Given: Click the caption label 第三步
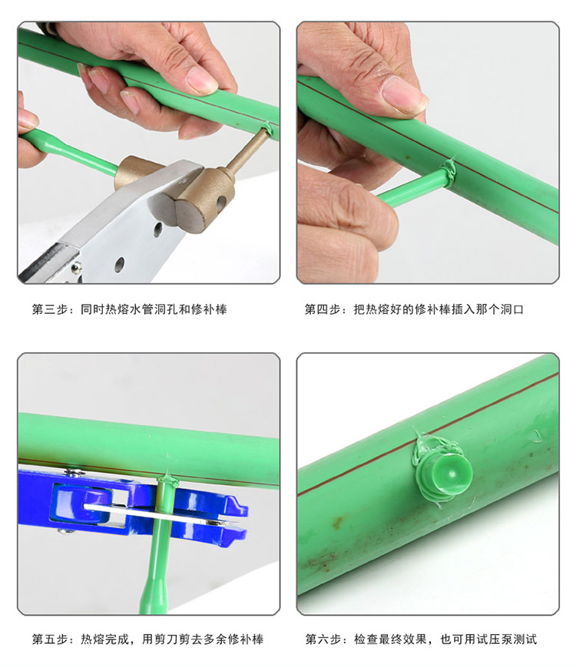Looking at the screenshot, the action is pyautogui.click(x=50, y=309).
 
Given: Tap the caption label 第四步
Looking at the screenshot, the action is pyautogui.click(x=323, y=309).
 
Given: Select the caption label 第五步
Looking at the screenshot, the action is pyautogui.click(x=50, y=639).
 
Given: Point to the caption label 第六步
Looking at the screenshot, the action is pyautogui.click(x=323, y=639).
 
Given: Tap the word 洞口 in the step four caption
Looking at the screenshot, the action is pyautogui.click(x=512, y=309).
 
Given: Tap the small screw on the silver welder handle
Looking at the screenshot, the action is pyautogui.click(x=77, y=267).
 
